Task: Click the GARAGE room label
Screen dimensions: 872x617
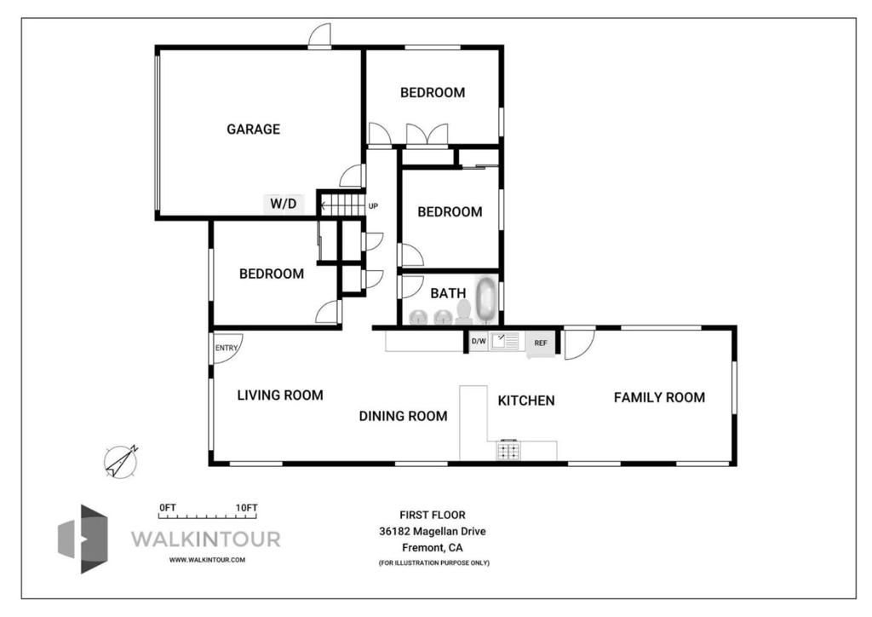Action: [x=253, y=129]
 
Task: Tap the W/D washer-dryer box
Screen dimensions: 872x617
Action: [x=284, y=204]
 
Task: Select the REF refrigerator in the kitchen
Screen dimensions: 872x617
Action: [x=541, y=343]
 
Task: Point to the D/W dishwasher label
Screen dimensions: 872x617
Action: [x=479, y=341]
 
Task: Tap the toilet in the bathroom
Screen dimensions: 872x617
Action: [x=464, y=312]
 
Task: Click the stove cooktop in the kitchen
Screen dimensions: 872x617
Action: [x=508, y=449]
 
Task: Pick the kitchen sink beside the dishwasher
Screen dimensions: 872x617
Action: [x=504, y=341]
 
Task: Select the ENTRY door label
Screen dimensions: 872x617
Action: [x=227, y=348]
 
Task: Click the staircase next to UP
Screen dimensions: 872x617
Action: [x=342, y=205]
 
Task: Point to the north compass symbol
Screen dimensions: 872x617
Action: [x=121, y=462]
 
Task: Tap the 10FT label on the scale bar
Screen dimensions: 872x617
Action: [x=246, y=507]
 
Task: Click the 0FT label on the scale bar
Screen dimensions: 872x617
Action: [x=168, y=507]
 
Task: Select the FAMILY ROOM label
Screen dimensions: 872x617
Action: [x=659, y=397]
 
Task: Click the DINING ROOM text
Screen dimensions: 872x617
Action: [x=403, y=416]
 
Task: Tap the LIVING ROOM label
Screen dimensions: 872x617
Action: [x=280, y=395]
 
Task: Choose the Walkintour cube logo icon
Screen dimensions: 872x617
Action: [x=83, y=539]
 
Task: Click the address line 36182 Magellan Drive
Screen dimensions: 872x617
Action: [x=433, y=531]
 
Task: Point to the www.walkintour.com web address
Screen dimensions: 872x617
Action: [x=208, y=560]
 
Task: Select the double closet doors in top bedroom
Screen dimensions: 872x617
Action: [x=427, y=134]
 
